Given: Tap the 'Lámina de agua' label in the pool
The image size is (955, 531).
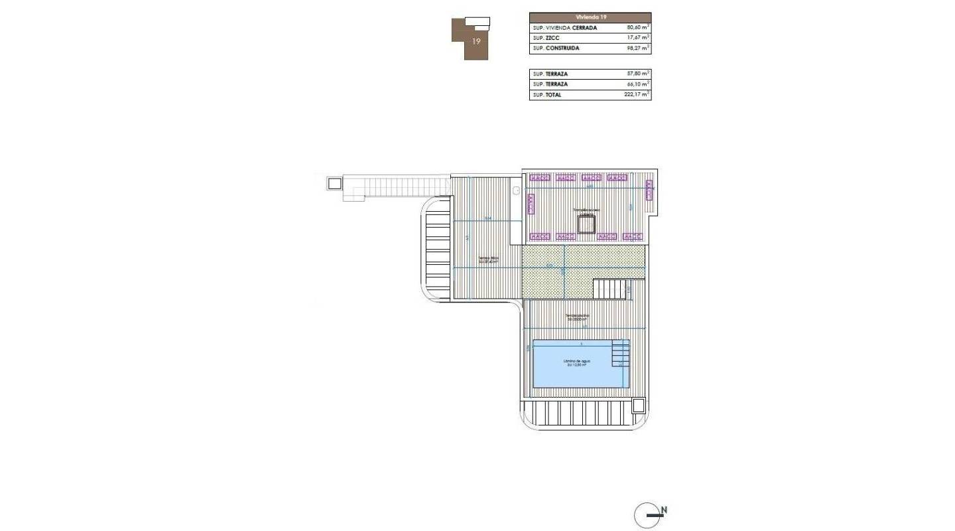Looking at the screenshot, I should pos(577,361).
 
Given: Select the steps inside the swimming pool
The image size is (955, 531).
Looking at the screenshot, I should pos(621,353).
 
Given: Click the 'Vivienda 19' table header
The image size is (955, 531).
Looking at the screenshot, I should pos(590,17).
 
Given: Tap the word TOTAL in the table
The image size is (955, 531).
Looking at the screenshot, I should pos(553,95).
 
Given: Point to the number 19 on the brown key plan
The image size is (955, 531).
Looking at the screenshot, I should pos(476,41).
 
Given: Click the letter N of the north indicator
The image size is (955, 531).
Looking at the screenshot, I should pos(664,510).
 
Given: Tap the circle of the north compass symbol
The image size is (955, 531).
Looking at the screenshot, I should pos(647,516).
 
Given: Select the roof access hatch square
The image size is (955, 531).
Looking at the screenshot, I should pos(586,225).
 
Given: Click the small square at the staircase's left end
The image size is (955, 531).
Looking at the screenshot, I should pos(334,183).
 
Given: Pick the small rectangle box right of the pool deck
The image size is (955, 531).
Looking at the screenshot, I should pos(639,405).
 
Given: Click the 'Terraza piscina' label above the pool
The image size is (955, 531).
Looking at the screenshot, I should pos(577,316).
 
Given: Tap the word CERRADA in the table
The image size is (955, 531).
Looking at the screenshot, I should pos(580,28).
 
